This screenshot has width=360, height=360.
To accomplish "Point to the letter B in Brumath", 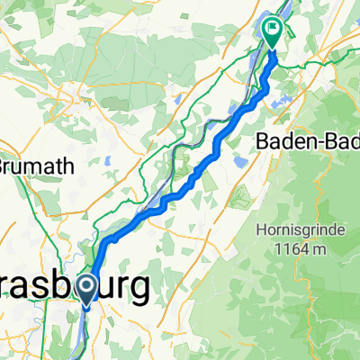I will pos(4,166).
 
